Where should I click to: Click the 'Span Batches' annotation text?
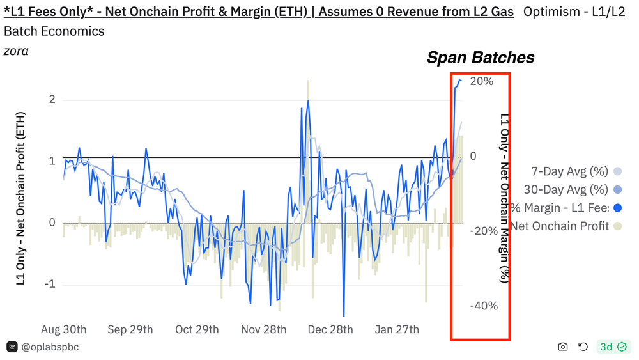(x=481, y=58)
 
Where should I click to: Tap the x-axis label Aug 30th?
(x=64, y=329)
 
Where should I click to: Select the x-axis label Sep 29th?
(x=130, y=329)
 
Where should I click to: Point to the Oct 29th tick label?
(x=197, y=329)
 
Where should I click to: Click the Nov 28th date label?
(x=264, y=329)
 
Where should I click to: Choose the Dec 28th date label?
(x=330, y=329)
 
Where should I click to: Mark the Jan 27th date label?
(x=397, y=329)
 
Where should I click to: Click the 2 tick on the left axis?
(x=52, y=100)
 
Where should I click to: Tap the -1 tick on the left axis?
(x=49, y=284)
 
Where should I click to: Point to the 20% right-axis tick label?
(x=481, y=81)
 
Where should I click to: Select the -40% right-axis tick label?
(x=484, y=306)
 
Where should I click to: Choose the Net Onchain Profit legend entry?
(x=560, y=226)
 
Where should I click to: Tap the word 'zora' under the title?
(x=16, y=51)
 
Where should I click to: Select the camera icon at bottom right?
(x=563, y=347)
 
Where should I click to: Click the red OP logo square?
(x=12, y=347)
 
